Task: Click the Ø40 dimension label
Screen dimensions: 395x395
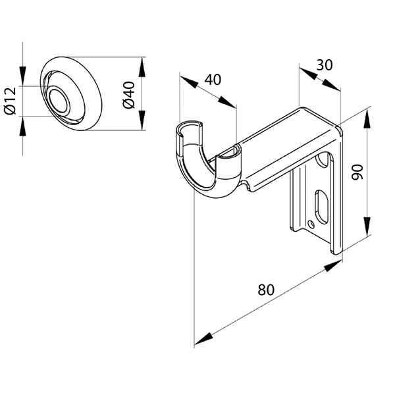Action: [129, 94]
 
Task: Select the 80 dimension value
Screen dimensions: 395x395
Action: [266, 290]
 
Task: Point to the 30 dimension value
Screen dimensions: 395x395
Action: [323, 65]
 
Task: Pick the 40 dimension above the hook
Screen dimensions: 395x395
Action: [213, 79]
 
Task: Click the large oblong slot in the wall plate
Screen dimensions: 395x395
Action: [320, 205]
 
